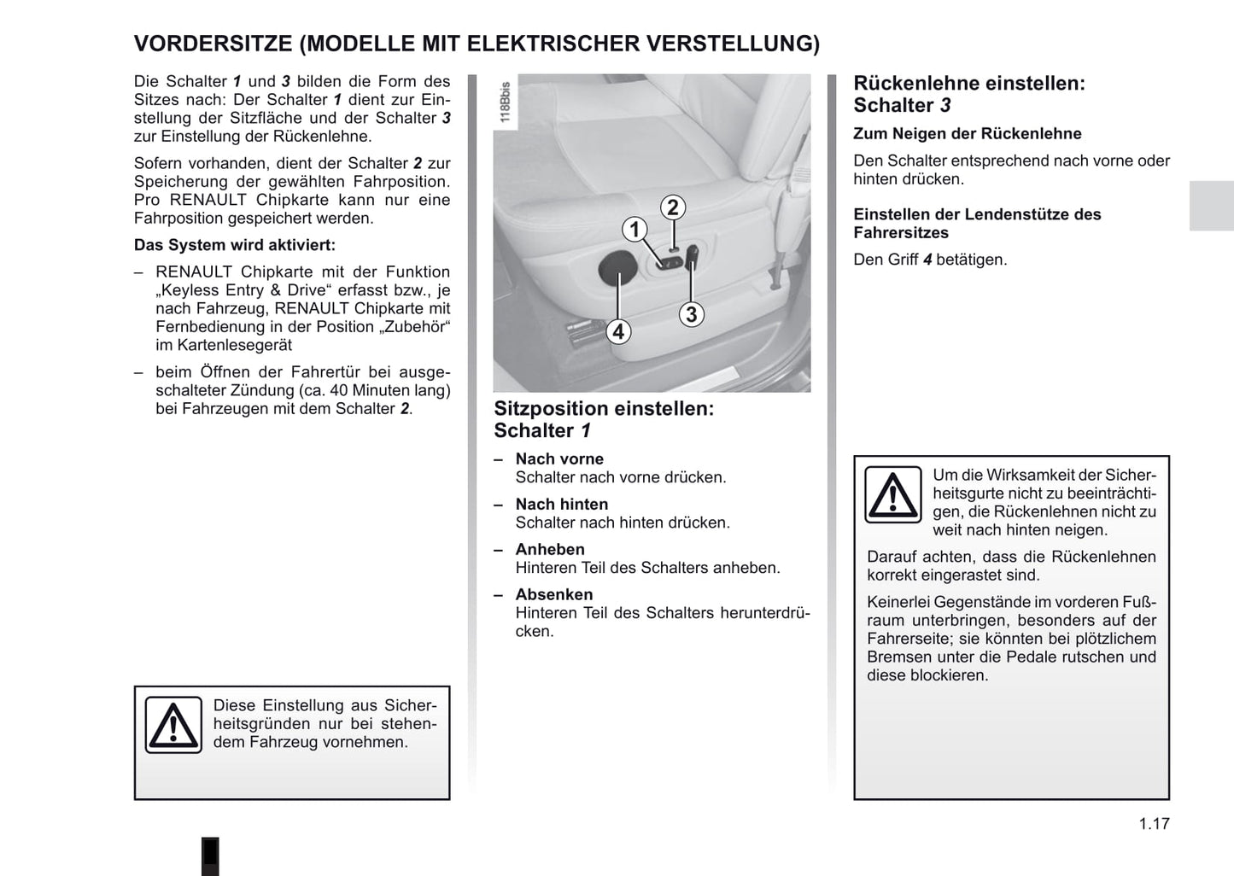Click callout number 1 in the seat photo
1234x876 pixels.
[x=635, y=229]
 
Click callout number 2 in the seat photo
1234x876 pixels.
[x=673, y=207]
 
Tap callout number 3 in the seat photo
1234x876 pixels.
[x=691, y=314]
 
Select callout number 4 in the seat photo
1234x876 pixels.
[x=617, y=331]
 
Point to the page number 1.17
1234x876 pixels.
[x=1154, y=824]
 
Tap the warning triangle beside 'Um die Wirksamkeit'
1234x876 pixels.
[x=893, y=494]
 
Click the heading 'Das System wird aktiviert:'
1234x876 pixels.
[x=235, y=245]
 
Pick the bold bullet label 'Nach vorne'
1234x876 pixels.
[x=559, y=459]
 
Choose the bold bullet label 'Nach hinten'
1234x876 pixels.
[x=562, y=505]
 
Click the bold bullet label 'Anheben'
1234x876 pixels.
[x=550, y=550]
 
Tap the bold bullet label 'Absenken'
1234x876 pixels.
[x=554, y=595]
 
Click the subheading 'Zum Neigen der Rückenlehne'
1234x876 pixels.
[x=968, y=134]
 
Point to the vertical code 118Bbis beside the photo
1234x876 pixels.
[x=505, y=103]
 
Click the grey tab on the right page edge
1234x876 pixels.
[x=1211, y=206]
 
